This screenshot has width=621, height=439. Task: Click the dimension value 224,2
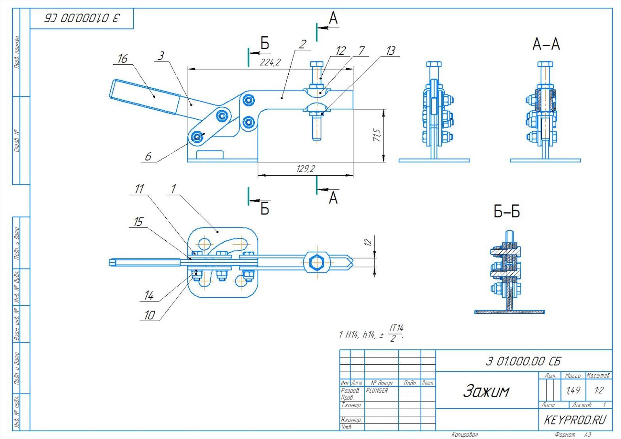(270, 63)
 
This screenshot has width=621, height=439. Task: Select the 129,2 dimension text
(305, 169)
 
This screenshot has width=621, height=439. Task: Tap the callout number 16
(122, 59)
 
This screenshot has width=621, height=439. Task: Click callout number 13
(390, 51)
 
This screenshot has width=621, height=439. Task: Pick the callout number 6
(148, 156)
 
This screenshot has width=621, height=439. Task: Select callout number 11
(139, 189)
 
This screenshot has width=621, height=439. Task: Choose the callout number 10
(149, 315)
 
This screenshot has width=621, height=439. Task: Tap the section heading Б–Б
(507, 212)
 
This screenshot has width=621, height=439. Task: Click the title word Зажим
(486, 391)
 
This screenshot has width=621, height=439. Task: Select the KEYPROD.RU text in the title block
(575, 420)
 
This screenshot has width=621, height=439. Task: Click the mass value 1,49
(573, 391)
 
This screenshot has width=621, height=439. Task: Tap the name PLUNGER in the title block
(377, 391)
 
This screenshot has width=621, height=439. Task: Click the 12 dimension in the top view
(368, 242)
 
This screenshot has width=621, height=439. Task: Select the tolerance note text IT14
(396, 328)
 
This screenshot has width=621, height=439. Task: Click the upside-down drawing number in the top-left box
(82, 18)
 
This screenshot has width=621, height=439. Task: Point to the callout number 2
(302, 44)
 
